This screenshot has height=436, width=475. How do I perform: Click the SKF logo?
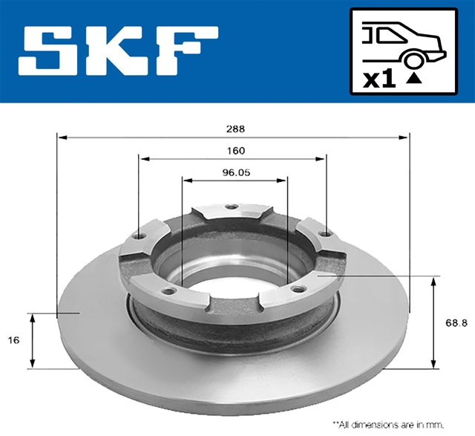(x=118, y=51)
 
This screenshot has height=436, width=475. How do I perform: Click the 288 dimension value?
(x=235, y=128)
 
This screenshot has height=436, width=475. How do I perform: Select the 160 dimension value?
(x=236, y=150)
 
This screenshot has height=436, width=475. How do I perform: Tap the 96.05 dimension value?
(x=236, y=172)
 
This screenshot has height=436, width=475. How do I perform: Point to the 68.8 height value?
(x=456, y=323)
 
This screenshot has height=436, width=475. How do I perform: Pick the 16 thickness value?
(x=13, y=340)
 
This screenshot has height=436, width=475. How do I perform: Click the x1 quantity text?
(x=379, y=79)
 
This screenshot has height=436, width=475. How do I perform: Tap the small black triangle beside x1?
(x=414, y=79)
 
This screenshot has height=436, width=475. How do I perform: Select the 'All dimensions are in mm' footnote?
(x=388, y=424)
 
